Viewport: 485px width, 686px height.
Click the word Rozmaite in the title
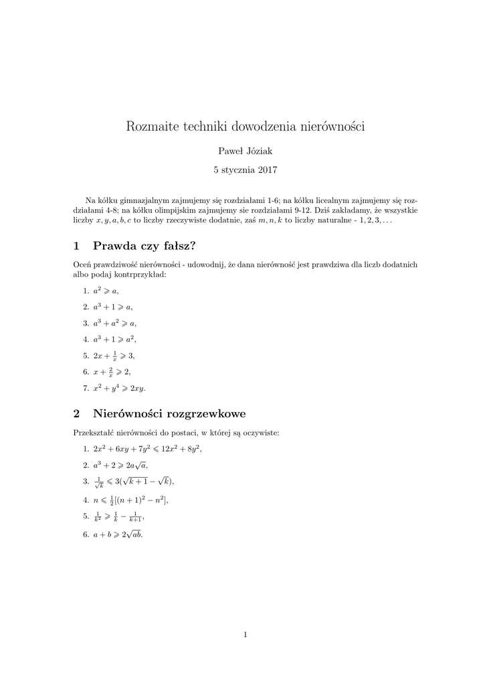pyautogui.click(x=150, y=127)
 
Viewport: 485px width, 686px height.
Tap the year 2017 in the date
pyautogui.click(x=266, y=170)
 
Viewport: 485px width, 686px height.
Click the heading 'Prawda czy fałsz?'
pyautogui.click(x=144, y=245)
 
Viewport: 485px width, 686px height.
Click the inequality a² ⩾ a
pyautogui.click(x=107, y=291)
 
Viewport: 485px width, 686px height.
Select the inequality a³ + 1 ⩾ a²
pyautogui.click(x=116, y=339)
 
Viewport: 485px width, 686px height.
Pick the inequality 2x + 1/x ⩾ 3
pyautogui.click(x=116, y=356)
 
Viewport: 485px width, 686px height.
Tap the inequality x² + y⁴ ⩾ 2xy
pyautogui.click(x=120, y=388)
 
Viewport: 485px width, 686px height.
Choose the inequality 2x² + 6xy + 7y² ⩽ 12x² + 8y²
pyautogui.click(x=147, y=449)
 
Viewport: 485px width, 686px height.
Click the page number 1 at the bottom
pyautogui.click(x=245, y=635)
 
